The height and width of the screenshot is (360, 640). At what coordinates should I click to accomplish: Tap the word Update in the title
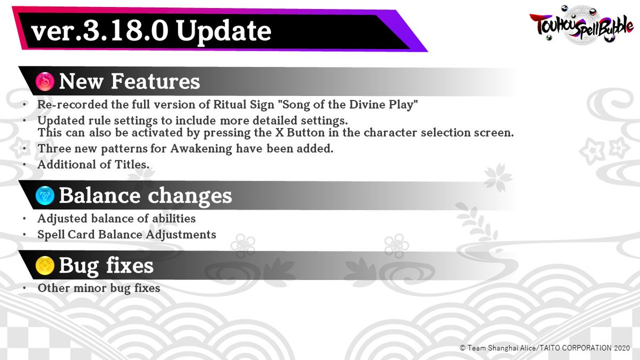[x=224, y=31]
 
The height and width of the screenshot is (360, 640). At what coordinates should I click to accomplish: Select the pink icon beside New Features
[x=46, y=82]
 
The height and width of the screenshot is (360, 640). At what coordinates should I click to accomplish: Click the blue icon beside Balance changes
[x=46, y=196]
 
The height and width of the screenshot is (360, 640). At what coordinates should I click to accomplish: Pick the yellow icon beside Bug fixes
[x=46, y=266]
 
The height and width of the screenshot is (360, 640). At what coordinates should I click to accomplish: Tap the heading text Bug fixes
[x=106, y=265]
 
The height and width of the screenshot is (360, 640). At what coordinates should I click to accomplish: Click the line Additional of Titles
[x=93, y=165]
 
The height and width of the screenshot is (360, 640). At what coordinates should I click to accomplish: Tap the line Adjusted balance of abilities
[x=116, y=218]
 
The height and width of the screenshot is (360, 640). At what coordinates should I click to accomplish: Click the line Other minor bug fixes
[x=99, y=288]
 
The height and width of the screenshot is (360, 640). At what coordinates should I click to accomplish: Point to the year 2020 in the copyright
[x=621, y=348]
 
